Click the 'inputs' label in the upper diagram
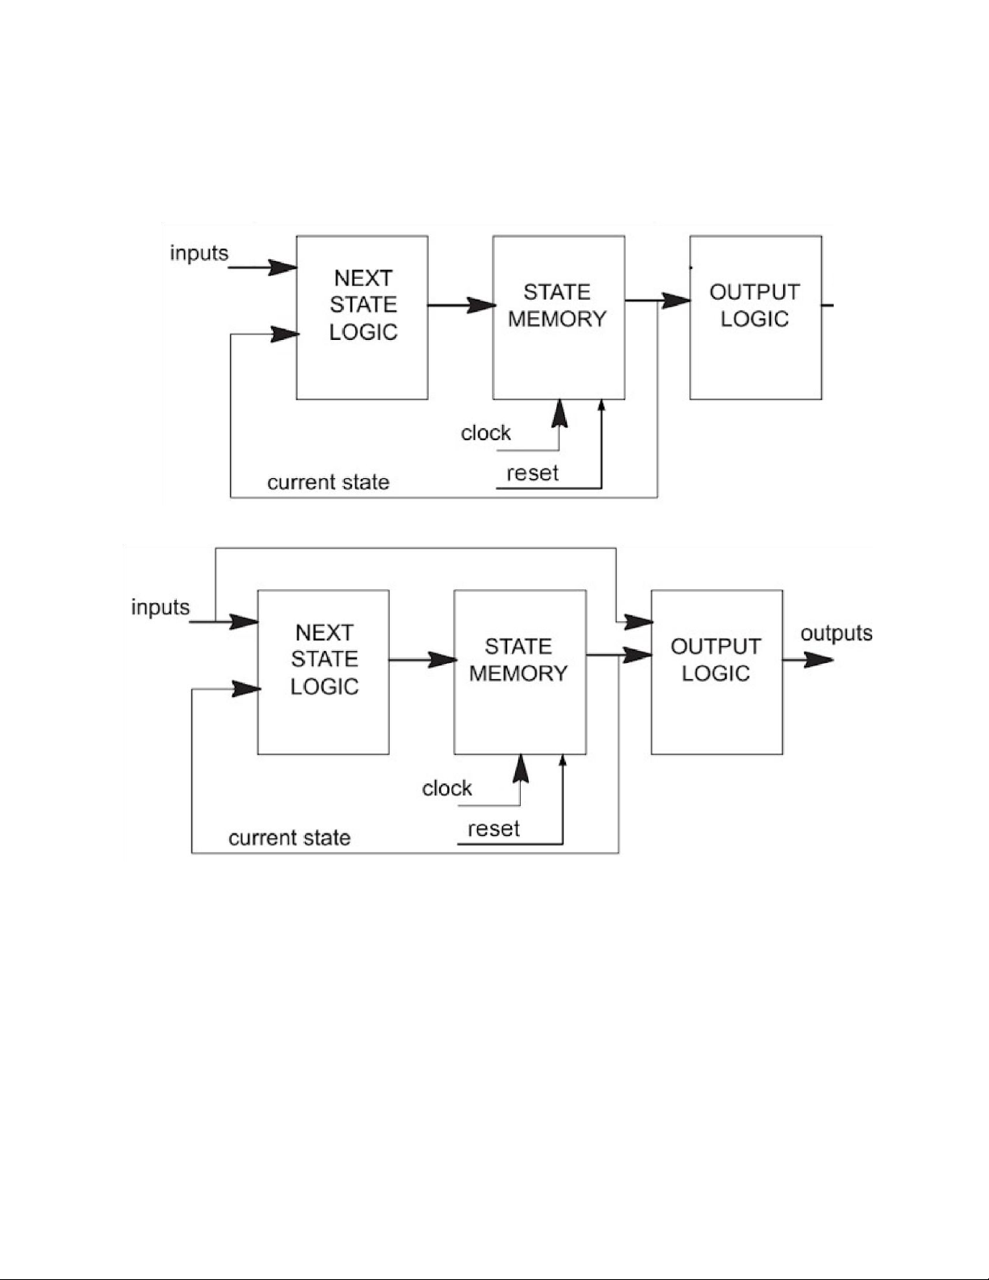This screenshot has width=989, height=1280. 199,254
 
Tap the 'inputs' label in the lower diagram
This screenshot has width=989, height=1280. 160,607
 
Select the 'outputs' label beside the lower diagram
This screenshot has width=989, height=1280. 836,633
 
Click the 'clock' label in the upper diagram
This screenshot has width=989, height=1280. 485,433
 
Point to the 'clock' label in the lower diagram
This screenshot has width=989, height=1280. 446,788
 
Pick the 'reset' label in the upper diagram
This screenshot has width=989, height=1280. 532,473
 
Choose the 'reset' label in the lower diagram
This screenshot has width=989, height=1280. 493,829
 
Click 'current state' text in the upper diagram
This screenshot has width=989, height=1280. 328,483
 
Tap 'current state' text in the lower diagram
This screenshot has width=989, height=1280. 289,838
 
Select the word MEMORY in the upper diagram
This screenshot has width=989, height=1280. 557,319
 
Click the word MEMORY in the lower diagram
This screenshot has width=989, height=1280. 518,674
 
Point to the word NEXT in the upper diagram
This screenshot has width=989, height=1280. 362,278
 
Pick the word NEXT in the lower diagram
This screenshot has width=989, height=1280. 324,632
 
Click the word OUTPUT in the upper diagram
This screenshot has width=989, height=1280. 754,292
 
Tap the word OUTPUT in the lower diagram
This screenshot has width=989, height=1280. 715,647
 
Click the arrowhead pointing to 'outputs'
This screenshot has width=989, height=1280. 819,660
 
